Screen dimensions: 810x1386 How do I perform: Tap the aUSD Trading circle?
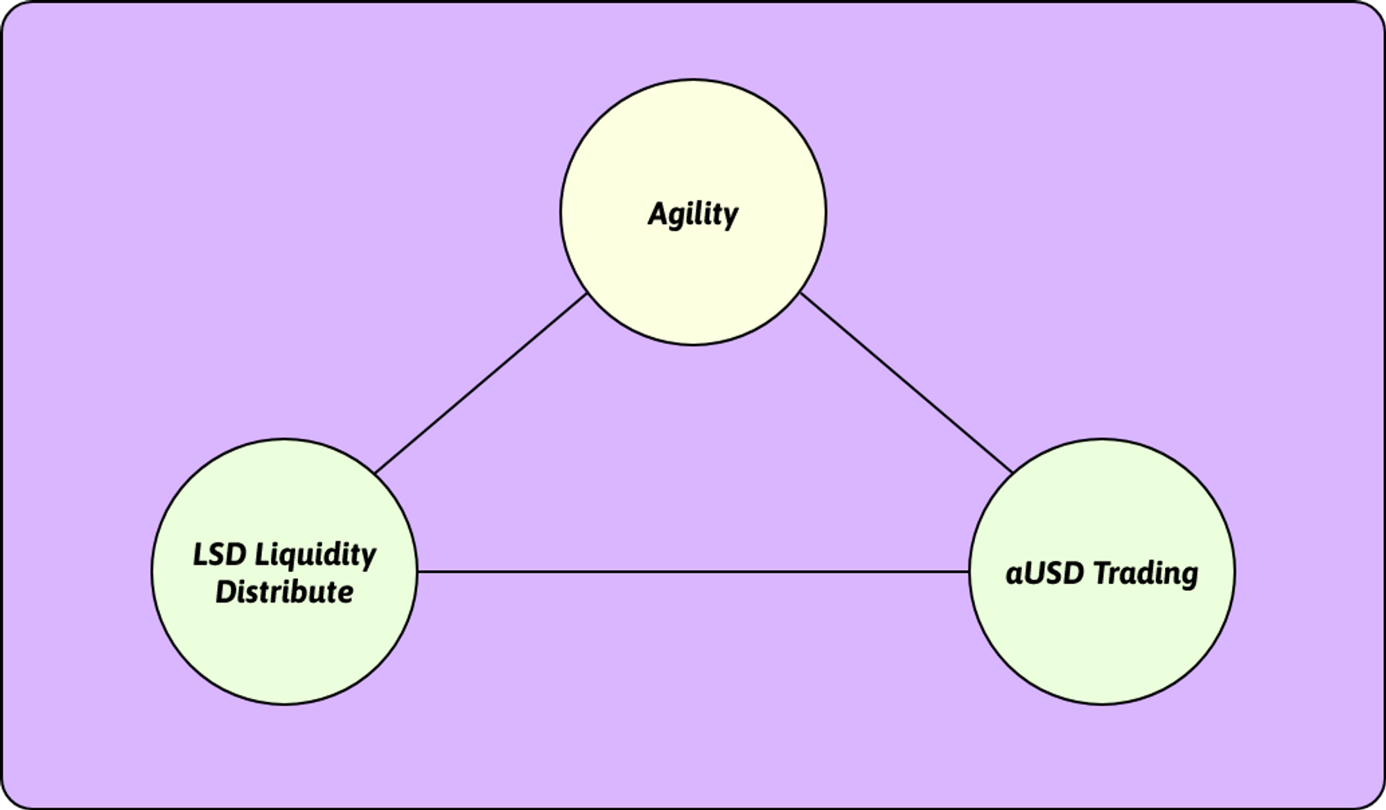1102,638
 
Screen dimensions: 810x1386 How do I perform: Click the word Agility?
693,214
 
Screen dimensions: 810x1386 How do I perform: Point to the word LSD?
219,555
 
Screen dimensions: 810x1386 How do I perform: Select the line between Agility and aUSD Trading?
906,383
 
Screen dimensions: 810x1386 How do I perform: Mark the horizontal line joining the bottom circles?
693,572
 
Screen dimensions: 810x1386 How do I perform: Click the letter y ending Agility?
730,216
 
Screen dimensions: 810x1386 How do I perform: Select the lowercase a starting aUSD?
1013,576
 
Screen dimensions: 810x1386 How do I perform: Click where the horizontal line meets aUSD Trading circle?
969,572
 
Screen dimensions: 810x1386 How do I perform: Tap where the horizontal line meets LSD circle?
417,572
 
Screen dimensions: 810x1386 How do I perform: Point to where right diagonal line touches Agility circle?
801,294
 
